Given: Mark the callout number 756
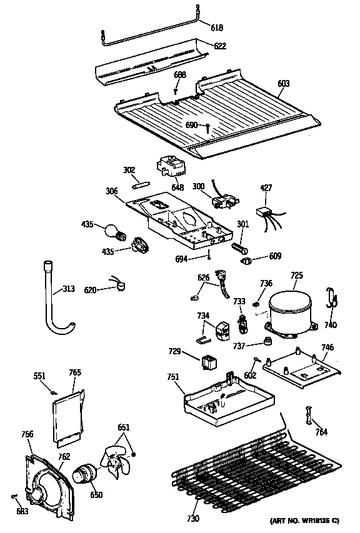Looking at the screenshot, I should pos(27,434).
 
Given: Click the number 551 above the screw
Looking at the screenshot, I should pos(39,376).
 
